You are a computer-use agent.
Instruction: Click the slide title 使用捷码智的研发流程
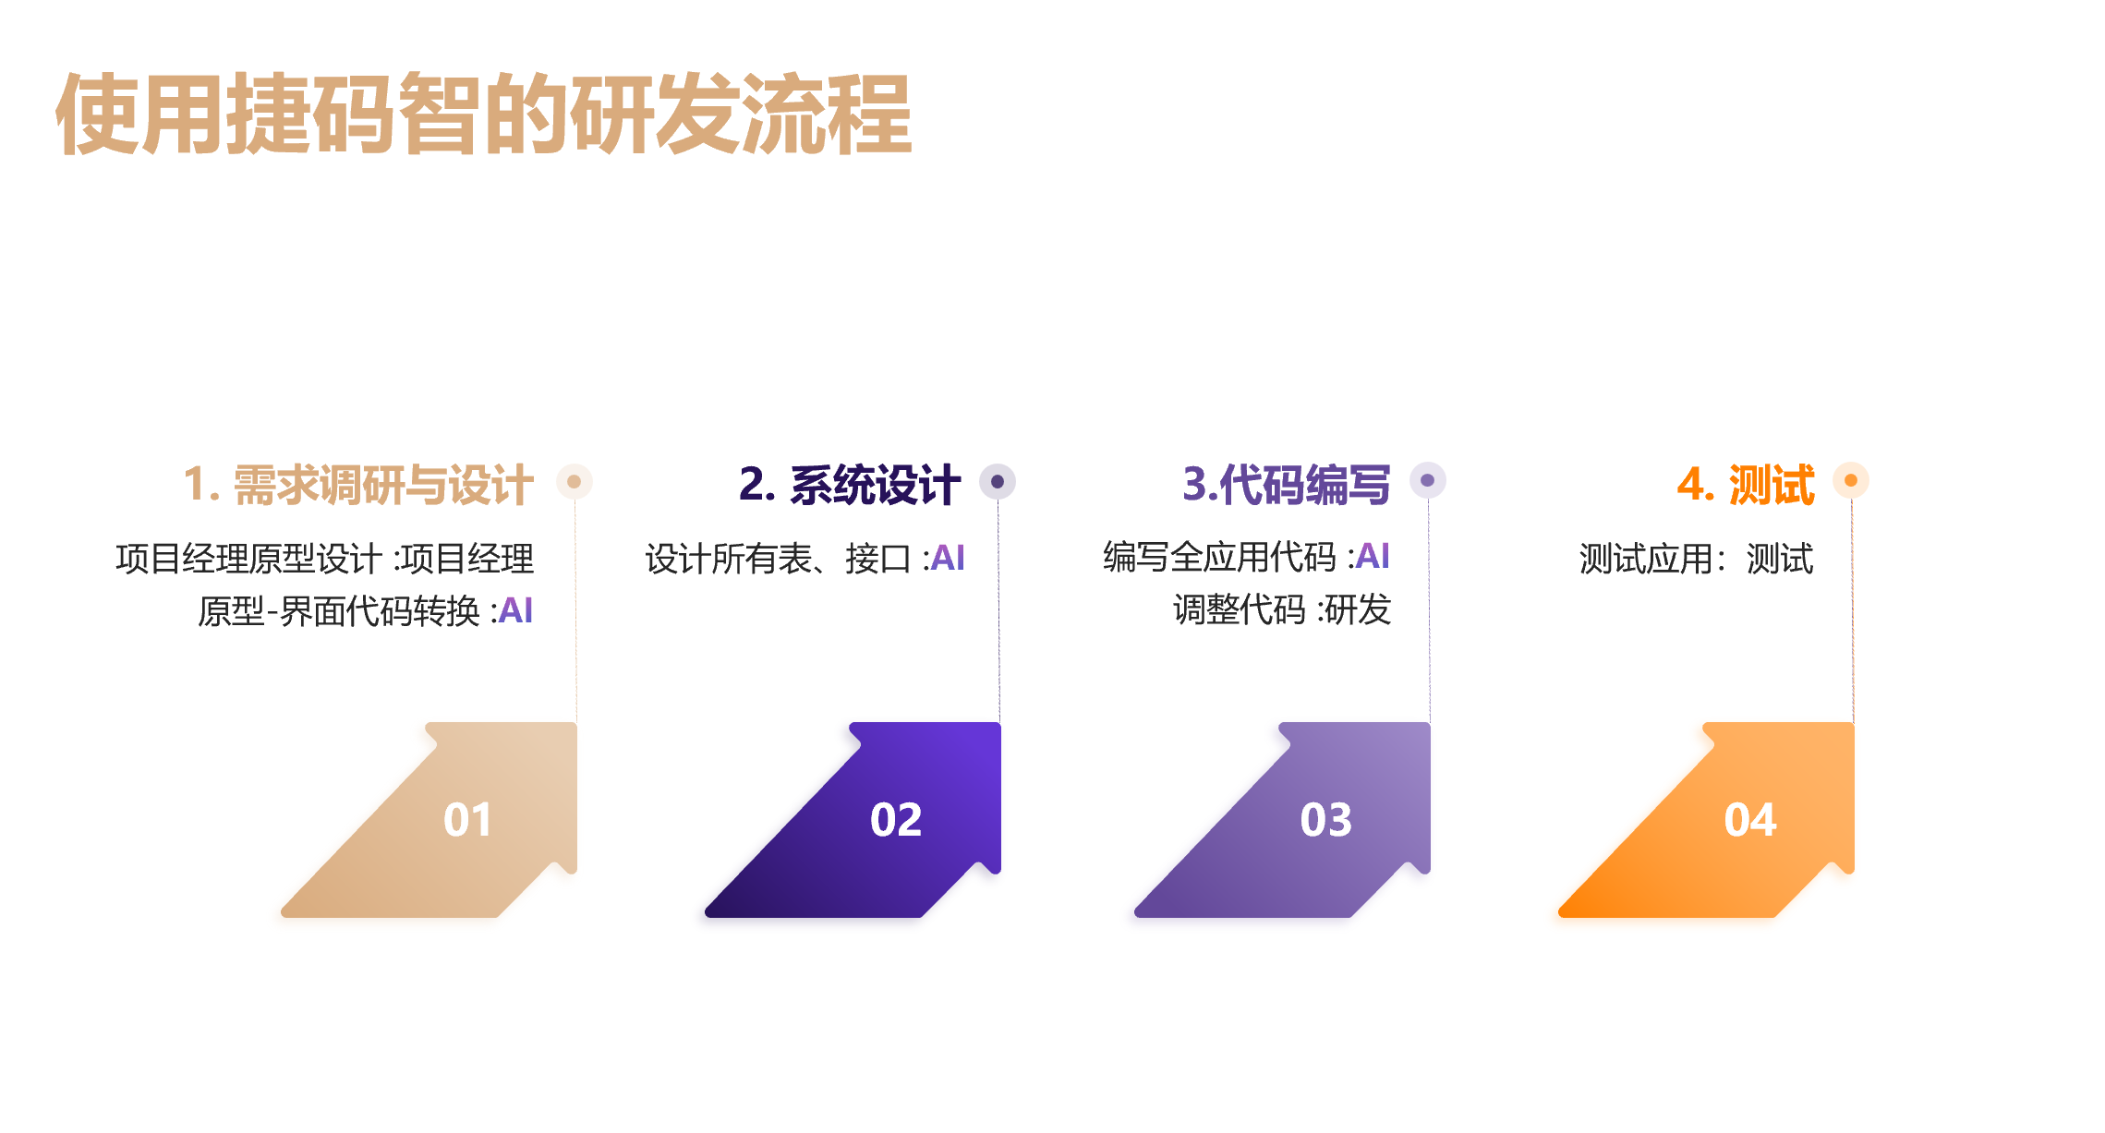(x=484, y=114)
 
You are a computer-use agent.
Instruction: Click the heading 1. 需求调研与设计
(x=358, y=485)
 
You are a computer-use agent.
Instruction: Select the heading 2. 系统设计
(x=850, y=485)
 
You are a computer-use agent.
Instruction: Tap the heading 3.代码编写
(x=1287, y=484)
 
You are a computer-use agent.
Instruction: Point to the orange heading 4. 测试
(x=1746, y=484)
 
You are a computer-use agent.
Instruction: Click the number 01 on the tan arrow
(x=467, y=820)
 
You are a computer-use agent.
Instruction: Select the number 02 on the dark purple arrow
(x=896, y=820)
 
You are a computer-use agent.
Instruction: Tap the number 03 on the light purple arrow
(x=1325, y=820)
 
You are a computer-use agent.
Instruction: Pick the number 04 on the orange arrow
(x=1750, y=820)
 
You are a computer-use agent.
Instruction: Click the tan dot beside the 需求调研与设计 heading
(x=574, y=481)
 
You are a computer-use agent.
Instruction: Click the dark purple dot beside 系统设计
(x=998, y=481)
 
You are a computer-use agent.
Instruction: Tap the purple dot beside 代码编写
(x=1428, y=480)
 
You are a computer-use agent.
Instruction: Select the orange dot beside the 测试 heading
(x=1851, y=480)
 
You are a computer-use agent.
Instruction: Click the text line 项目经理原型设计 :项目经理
(x=325, y=559)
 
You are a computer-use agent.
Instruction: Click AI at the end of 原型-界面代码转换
(x=515, y=610)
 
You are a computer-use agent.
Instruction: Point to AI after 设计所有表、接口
(x=948, y=558)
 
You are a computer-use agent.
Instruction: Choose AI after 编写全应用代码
(x=1373, y=556)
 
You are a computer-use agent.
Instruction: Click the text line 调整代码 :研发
(x=1282, y=609)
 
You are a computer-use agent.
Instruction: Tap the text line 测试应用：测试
(x=1697, y=559)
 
